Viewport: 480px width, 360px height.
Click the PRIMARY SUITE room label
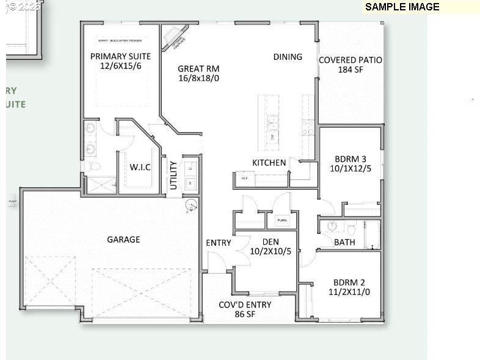click(120, 56)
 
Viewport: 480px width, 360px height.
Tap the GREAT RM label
click(198, 69)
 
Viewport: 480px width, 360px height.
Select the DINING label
click(288, 57)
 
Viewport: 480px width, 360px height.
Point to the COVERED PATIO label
click(351, 60)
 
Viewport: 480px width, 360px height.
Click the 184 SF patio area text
click(351, 70)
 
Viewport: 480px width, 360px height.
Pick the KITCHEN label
click(269, 162)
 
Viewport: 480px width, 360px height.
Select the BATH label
click(344, 242)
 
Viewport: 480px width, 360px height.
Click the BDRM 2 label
click(349, 282)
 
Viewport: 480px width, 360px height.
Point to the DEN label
click(266, 242)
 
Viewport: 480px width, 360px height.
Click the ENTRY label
click(219, 243)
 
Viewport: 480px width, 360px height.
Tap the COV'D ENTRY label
click(245, 304)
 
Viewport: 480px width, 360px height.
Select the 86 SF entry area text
click(245, 314)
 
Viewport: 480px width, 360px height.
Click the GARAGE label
click(123, 239)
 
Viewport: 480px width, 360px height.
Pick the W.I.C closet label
click(140, 167)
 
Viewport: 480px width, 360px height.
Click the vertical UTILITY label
click(173, 175)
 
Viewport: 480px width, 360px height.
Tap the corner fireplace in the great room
click(176, 36)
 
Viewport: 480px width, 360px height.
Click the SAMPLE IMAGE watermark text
click(402, 7)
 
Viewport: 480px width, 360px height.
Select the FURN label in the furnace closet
click(282, 220)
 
